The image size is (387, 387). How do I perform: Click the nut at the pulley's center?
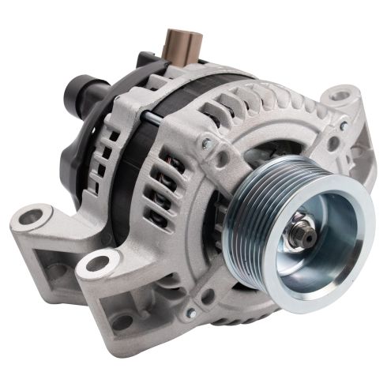pos(301,234)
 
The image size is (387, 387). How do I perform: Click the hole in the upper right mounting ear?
pos(340,96)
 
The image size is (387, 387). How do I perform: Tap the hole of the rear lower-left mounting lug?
pos(32,216)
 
